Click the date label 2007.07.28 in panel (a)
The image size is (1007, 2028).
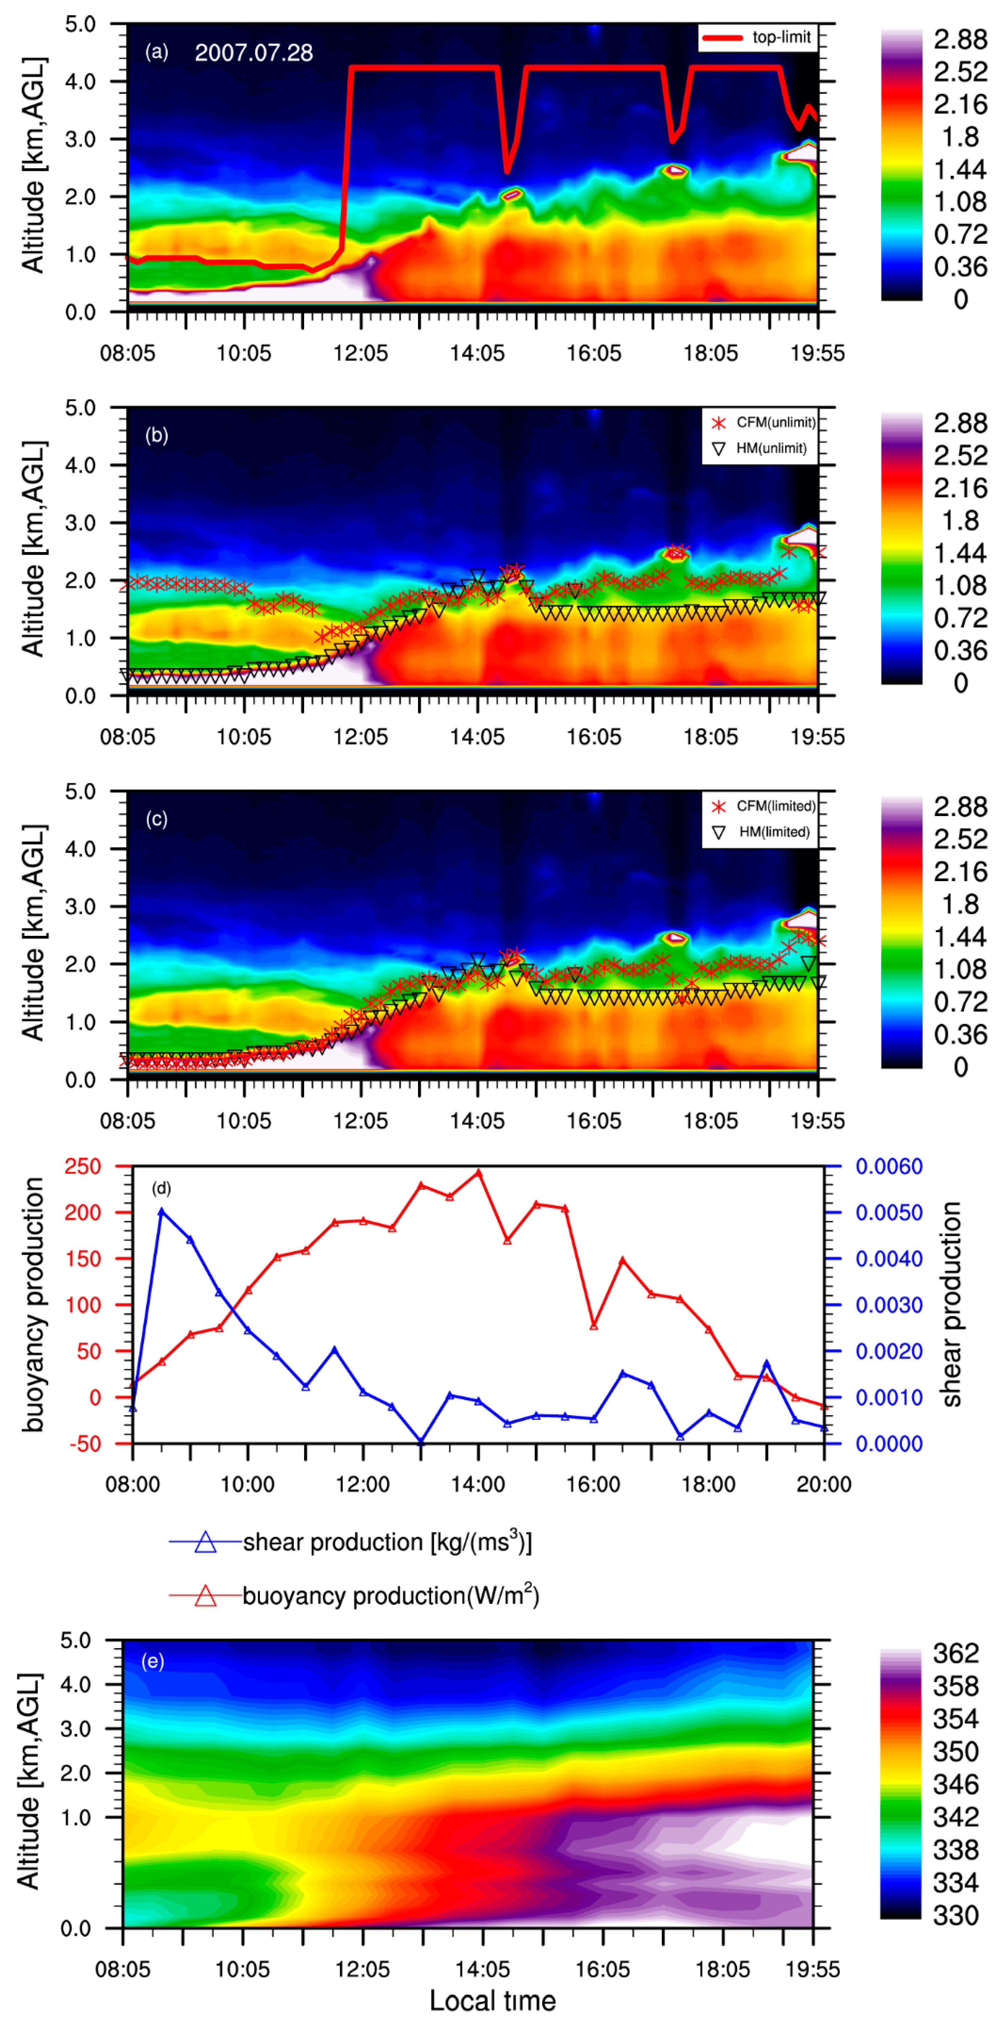click(254, 53)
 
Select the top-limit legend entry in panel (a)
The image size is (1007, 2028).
click(757, 37)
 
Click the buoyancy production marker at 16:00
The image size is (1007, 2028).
click(594, 1326)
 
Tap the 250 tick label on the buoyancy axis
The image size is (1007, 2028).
click(83, 1166)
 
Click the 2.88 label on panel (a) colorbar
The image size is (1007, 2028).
click(960, 39)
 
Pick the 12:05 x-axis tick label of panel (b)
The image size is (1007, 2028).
click(361, 737)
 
